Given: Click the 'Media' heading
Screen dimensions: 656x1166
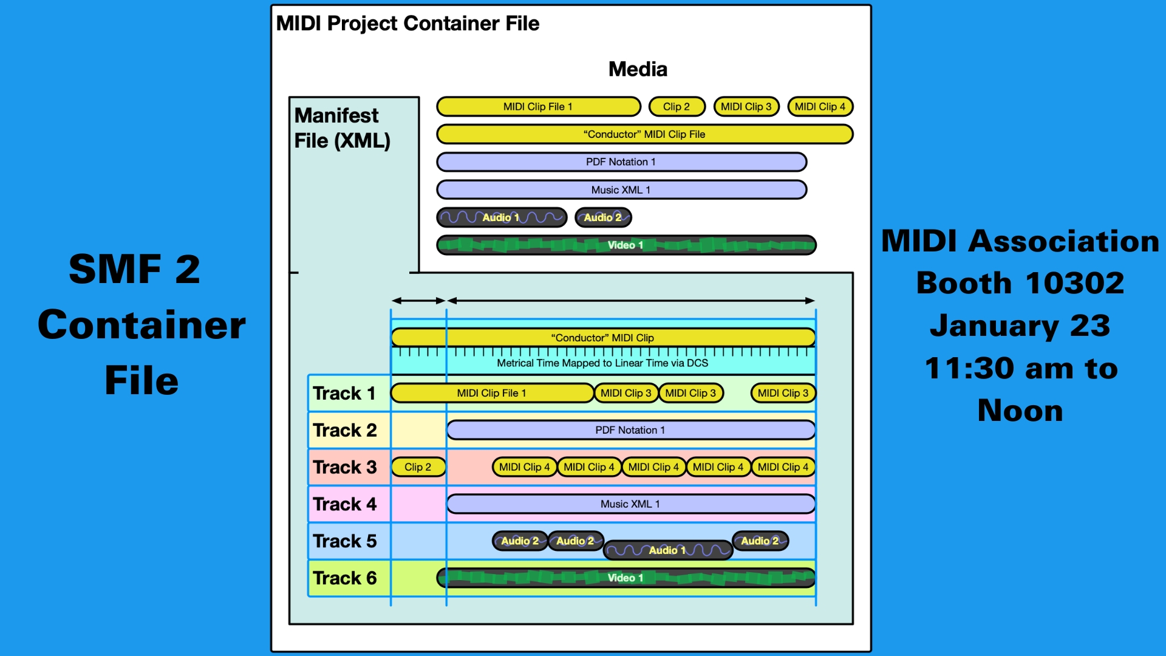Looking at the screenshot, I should pyautogui.click(x=638, y=69).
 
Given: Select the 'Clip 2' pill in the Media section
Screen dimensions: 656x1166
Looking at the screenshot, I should pyautogui.click(x=677, y=107).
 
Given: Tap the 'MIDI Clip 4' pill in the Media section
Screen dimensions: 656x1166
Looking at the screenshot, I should pyautogui.click(x=820, y=107).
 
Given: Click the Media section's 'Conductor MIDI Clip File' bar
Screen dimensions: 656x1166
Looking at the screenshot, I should pyautogui.click(x=644, y=134).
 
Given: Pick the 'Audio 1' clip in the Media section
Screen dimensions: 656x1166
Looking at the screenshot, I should pyautogui.click(x=502, y=217).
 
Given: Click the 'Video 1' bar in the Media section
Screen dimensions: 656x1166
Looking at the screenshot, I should pyautogui.click(x=626, y=245).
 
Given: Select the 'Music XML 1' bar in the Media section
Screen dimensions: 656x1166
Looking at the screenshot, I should pyautogui.click(x=621, y=190).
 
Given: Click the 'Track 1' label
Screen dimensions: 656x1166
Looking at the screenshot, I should pyautogui.click(x=344, y=394).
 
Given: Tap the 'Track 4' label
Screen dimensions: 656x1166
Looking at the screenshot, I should pyautogui.click(x=344, y=504).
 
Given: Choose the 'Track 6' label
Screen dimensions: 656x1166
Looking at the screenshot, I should pyautogui.click(x=344, y=578).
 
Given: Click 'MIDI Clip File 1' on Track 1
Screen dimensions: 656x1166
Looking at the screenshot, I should pyautogui.click(x=492, y=394).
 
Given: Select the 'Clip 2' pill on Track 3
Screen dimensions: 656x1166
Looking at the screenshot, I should pyautogui.click(x=418, y=467).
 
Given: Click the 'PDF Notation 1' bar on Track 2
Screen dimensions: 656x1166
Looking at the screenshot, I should pyautogui.click(x=630, y=430).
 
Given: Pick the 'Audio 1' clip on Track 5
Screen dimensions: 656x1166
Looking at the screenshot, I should pyautogui.click(x=667, y=550).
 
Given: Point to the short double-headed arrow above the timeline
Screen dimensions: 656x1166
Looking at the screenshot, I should pyautogui.click(x=418, y=301).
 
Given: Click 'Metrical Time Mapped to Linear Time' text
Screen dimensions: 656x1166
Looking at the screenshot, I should pyautogui.click(x=602, y=363).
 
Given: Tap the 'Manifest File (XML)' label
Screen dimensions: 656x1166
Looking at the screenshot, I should pyautogui.click(x=342, y=128).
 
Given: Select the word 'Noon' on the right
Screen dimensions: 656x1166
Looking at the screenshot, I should pyautogui.click(x=1020, y=411).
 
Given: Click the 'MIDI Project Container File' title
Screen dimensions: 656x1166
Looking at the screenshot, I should pyautogui.click(x=407, y=24).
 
